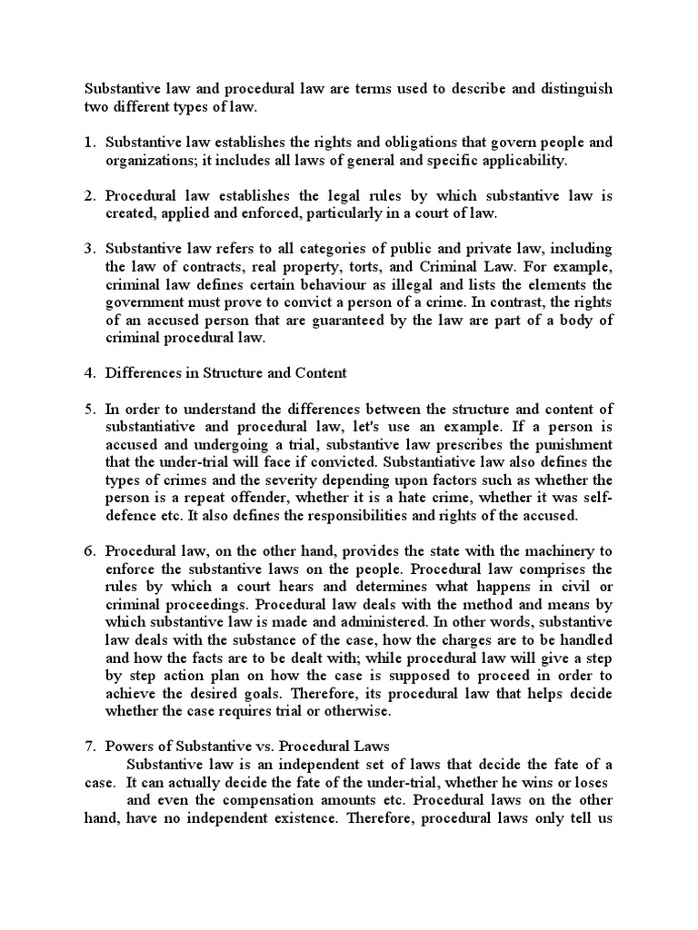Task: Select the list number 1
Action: point(89,143)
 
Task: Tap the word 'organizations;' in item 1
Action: point(150,160)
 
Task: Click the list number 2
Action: point(89,195)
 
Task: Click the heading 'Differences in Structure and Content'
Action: point(225,372)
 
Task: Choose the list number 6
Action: point(89,550)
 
